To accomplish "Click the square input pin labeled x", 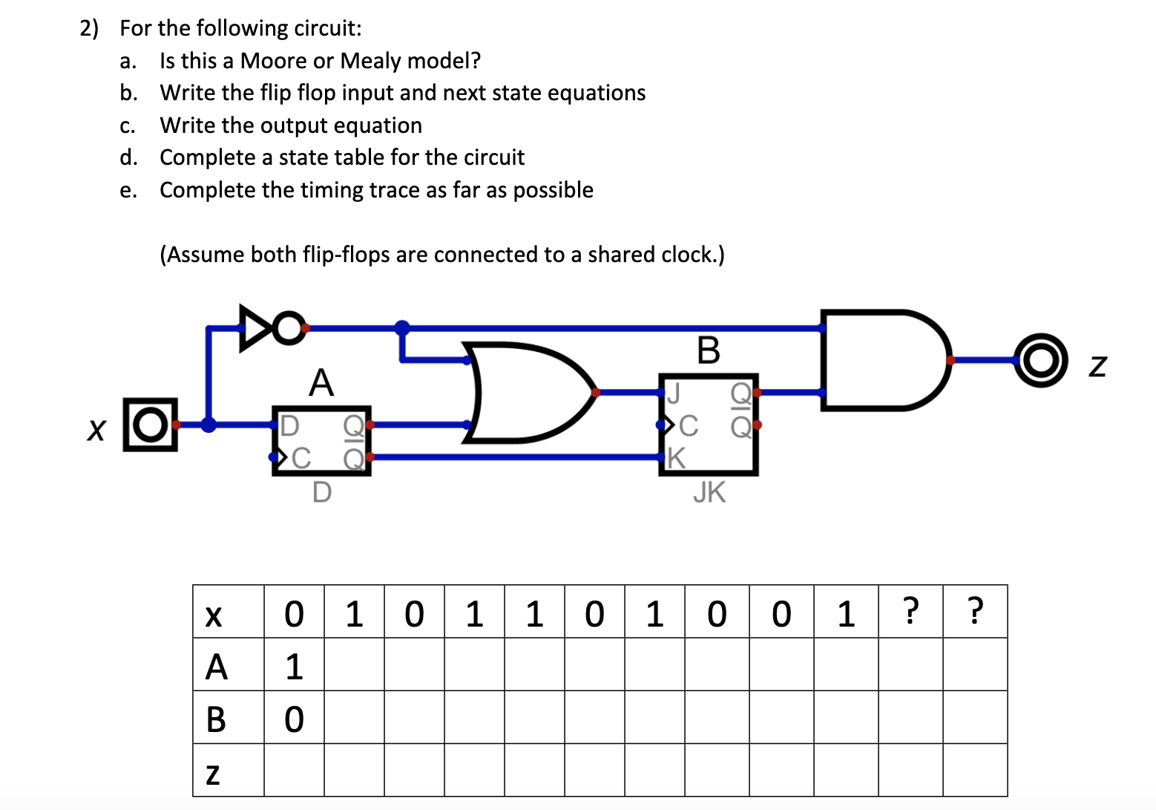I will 151,425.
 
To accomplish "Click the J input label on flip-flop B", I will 674,393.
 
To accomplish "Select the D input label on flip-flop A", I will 289,425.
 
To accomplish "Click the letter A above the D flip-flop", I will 321,383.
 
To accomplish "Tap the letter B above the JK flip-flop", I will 709,350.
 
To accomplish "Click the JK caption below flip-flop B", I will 709,492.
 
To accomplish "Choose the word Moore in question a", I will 274,61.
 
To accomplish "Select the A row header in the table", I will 216,666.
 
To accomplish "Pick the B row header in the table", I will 216,719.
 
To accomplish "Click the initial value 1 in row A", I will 294,666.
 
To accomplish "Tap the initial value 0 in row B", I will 294,719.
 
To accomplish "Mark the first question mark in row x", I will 910,611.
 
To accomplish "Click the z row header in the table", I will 213,772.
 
